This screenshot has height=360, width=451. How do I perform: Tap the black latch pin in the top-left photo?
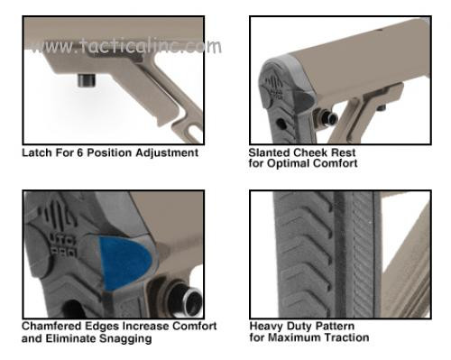click(x=87, y=80)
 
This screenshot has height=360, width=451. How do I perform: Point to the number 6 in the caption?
click(x=79, y=152)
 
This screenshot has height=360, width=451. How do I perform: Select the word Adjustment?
click(x=167, y=153)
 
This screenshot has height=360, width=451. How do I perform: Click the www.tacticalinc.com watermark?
click(x=125, y=46)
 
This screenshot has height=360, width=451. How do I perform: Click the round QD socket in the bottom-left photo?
click(x=187, y=300)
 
